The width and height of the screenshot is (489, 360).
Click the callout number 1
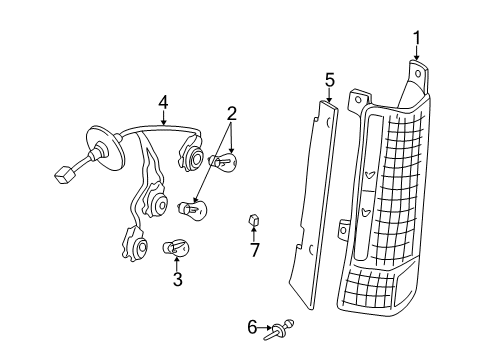pyautogui.click(x=417, y=38)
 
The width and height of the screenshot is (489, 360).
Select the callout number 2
pyautogui.click(x=231, y=114)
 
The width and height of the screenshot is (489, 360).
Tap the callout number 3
pyautogui.click(x=178, y=280)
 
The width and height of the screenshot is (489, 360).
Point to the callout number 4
pyautogui.click(x=163, y=100)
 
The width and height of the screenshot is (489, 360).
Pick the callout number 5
pyautogui.click(x=329, y=78)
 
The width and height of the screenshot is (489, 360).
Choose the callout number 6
pyautogui.click(x=252, y=325)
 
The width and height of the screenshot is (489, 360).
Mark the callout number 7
pyautogui.click(x=254, y=250)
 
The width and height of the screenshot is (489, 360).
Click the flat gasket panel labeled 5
pyautogui.click(x=314, y=200)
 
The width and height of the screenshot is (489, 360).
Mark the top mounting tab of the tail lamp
pyautogui.click(x=418, y=75)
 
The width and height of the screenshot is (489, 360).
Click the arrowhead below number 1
pyautogui.click(x=417, y=60)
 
